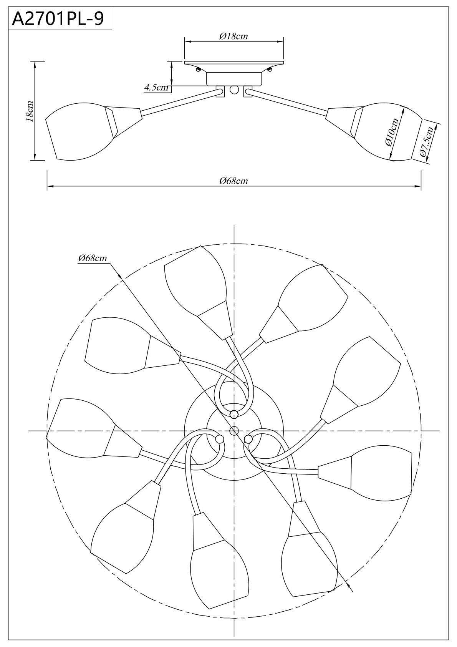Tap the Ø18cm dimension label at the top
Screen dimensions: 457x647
[233, 36]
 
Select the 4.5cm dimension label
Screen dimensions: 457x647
[156, 88]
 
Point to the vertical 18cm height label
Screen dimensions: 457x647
[30, 111]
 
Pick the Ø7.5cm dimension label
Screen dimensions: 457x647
[427, 142]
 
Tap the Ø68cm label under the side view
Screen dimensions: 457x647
[233, 181]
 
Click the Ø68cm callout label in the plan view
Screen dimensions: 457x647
[93, 258]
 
